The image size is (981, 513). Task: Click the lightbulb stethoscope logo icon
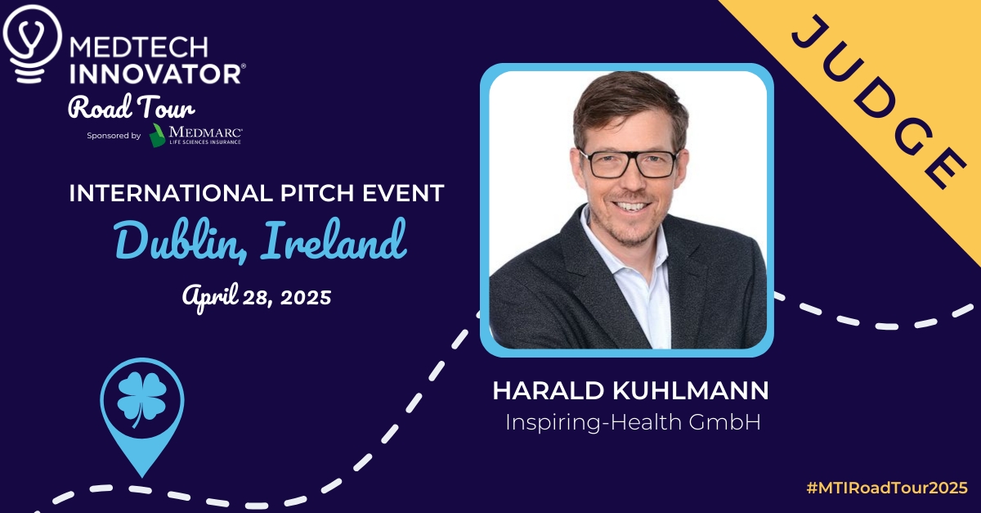tap(32, 44)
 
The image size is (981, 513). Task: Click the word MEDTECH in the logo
tap(139, 47)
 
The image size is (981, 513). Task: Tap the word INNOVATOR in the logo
tap(155, 74)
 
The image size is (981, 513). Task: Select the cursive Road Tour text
tap(131, 106)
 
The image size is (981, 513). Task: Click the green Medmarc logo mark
tap(157, 135)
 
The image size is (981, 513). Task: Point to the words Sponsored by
tap(114, 136)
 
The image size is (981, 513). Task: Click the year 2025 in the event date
tap(306, 297)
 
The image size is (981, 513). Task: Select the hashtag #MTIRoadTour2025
tap(887, 488)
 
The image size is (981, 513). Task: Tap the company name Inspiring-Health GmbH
tap(633, 422)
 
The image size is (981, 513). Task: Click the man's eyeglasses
tap(629, 164)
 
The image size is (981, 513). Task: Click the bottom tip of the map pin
tap(142, 477)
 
